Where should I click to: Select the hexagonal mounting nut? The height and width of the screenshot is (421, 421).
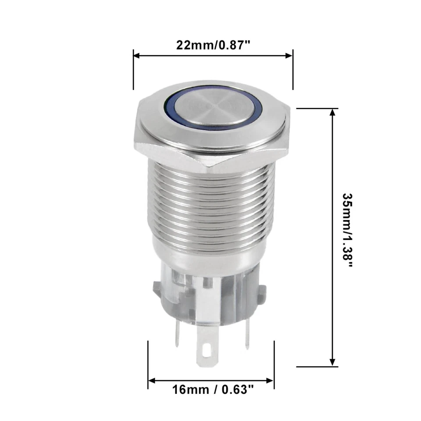pyautogui.click(x=212, y=147)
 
